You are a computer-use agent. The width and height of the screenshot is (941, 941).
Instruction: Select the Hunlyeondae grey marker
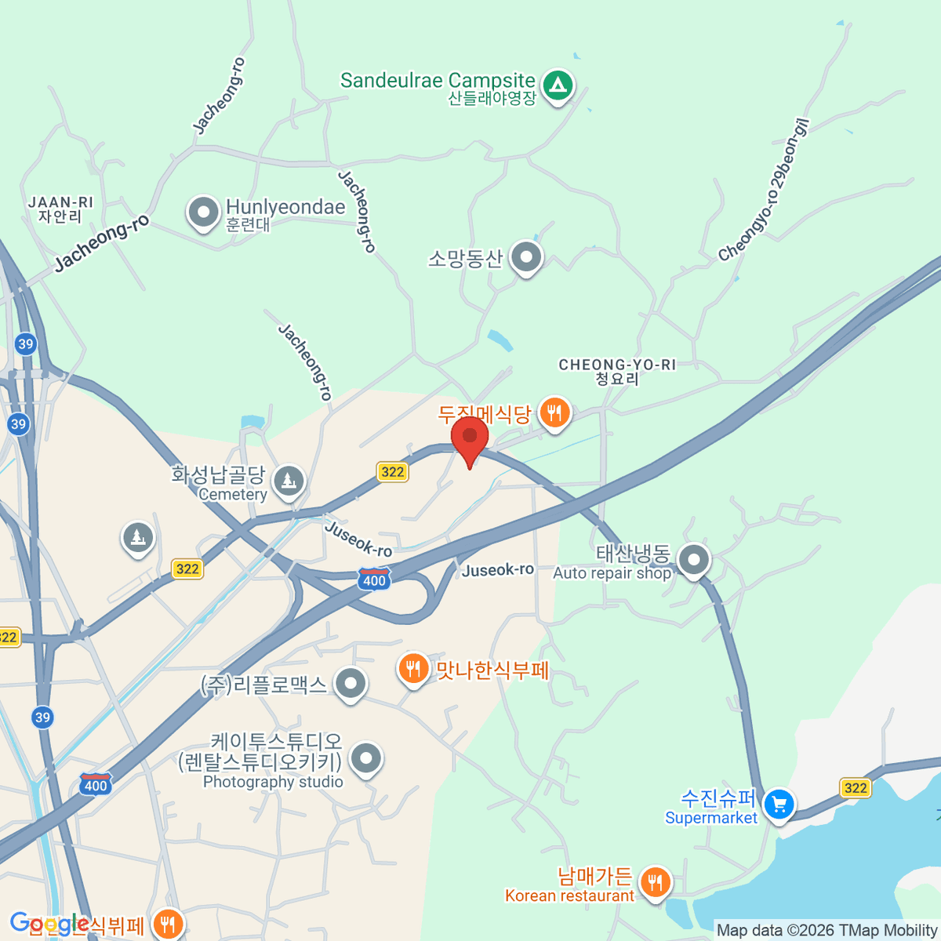pos(204,212)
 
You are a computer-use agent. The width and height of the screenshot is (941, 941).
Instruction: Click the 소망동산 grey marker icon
pos(526,256)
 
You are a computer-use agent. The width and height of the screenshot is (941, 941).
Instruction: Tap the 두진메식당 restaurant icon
pos(555,412)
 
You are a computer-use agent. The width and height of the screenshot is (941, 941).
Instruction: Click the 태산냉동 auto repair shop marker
pos(694,560)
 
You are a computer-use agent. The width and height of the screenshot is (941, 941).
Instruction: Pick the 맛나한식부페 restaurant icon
pos(412,669)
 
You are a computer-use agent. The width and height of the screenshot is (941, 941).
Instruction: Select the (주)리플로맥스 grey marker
pos(351,683)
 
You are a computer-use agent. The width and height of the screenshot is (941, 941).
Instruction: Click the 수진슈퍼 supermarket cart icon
pos(779,804)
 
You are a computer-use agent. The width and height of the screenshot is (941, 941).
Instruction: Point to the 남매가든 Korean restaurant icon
pos(655,882)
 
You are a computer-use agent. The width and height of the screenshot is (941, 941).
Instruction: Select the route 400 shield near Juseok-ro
pos(374,579)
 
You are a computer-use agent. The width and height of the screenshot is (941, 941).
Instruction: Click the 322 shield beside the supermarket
pos(855,787)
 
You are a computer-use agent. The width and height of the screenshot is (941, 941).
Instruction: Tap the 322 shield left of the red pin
pos(392,471)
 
